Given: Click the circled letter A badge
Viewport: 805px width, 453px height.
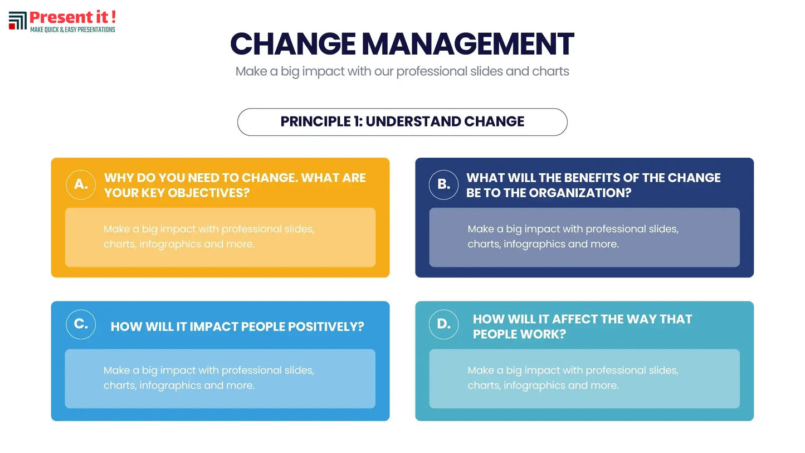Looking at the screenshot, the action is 81,185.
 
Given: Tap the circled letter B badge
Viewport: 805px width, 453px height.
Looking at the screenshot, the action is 443,185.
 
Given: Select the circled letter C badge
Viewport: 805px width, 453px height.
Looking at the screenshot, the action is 81,324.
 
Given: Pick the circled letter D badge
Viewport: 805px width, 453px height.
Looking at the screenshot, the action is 443,324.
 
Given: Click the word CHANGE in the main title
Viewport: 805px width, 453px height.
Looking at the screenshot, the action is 293,44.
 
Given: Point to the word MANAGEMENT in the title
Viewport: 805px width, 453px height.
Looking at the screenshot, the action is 467,44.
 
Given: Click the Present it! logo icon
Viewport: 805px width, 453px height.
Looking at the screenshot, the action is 18,21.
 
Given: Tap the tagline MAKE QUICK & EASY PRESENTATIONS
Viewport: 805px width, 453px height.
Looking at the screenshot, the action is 72,30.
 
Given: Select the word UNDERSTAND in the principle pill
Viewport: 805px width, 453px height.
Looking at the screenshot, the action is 413,121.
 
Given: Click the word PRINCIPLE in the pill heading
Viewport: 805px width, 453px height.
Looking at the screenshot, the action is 315,121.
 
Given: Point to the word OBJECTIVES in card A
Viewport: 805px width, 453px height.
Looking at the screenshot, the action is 208,193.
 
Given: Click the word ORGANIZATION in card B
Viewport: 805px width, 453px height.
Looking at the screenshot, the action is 580,193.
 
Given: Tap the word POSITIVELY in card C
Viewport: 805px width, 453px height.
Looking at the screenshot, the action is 326,327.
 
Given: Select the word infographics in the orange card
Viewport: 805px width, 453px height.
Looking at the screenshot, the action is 170,244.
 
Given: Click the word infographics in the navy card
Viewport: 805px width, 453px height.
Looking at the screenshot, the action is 534,244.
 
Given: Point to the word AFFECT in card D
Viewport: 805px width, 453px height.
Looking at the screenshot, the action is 574,319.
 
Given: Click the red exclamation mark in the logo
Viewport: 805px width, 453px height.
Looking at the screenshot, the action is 114,17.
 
